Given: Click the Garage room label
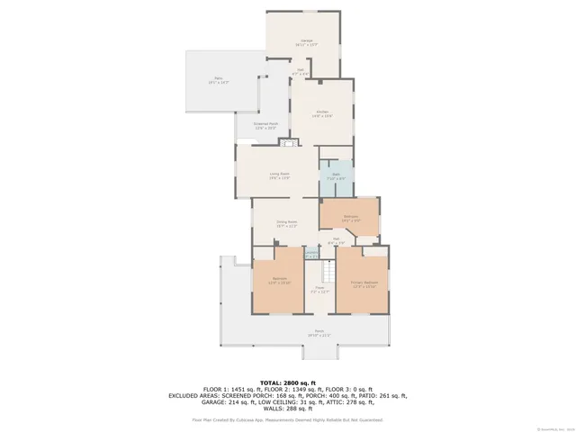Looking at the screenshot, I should [x=304, y=42].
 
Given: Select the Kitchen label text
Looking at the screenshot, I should [x=322, y=113].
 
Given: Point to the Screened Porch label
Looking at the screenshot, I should [x=265, y=126].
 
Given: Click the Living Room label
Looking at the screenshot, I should [x=279, y=175].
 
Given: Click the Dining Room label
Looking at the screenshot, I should [x=286, y=224].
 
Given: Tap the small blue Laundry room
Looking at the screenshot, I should [x=311, y=255].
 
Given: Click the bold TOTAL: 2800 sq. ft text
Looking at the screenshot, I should [x=287, y=383].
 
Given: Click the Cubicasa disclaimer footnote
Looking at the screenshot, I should [x=287, y=419].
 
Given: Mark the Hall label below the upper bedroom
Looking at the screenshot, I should [x=336, y=241].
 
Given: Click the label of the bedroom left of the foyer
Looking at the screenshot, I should [x=279, y=281].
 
